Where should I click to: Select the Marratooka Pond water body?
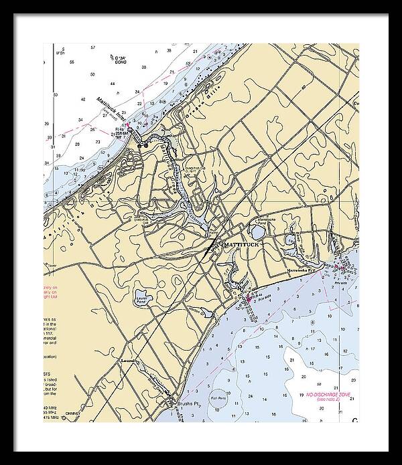click(x=257, y=231)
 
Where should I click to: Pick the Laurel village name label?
click(x=130, y=361)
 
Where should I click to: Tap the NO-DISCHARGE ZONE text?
click(x=328, y=394)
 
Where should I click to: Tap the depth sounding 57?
click(x=93, y=48)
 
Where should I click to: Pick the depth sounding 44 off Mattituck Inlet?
click(x=113, y=84)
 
